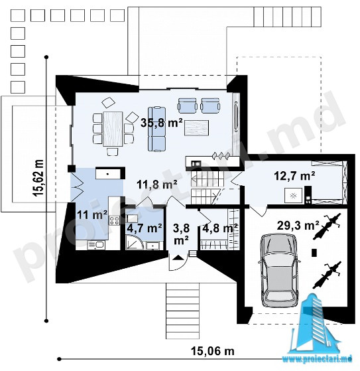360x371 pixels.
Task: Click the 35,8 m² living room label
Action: tap(162, 123)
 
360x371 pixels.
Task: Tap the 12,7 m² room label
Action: tap(294, 176)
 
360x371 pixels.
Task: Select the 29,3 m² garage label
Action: tap(298, 226)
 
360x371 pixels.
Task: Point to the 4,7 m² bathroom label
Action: tap(145, 228)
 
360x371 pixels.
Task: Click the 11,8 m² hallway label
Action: tap(157, 185)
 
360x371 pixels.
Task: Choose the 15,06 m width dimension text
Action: tap(213, 351)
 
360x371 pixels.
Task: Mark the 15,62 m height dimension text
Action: tap(38, 178)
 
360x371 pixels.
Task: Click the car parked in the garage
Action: tap(278, 271)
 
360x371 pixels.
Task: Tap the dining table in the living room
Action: tap(113, 129)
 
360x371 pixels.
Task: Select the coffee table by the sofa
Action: tap(197, 127)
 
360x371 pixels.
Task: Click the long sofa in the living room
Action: tap(156, 129)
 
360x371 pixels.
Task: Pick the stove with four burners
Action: tap(114, 220)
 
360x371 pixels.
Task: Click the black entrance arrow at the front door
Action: tap(177, 258)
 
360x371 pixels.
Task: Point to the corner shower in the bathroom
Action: tap(134, 242)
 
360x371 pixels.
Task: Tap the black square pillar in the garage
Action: tap(314, 253)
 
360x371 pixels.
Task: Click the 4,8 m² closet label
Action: tap(220, 228)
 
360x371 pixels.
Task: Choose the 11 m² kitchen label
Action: tap(92, 215)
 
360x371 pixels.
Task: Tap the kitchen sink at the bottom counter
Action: tap(96, 245)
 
